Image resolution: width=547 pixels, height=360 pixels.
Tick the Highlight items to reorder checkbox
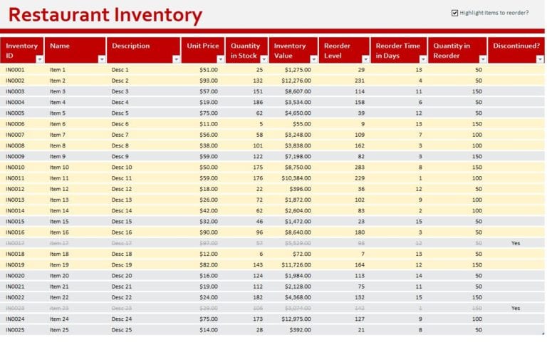tap(455, 13)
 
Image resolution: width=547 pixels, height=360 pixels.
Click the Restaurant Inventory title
tap(105, 15)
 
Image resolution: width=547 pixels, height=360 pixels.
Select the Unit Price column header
tap(203, 46)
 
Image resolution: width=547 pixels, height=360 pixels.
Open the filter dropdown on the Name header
tap(102, 59)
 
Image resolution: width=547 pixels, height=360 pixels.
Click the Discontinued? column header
tap(516, 46)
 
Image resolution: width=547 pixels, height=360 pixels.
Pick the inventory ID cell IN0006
tap(15, 124)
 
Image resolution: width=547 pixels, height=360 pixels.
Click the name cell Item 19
tap(59, 264)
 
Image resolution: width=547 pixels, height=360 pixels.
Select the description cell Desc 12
tap(122, 189)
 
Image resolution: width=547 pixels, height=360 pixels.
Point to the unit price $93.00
tap(209, 81)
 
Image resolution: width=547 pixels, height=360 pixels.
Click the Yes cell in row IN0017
tap(516, 243)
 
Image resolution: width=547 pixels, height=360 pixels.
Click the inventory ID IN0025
tap(15, 329)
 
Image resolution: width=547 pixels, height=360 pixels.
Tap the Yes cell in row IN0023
tap(516, 308)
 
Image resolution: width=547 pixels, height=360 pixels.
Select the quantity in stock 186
tap(257, 103)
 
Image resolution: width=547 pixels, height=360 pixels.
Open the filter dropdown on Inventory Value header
tap(313, 59)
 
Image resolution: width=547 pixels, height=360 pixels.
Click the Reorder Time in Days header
tap(398, 51)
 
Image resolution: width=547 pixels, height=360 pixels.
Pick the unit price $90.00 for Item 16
tap(209, 232)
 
